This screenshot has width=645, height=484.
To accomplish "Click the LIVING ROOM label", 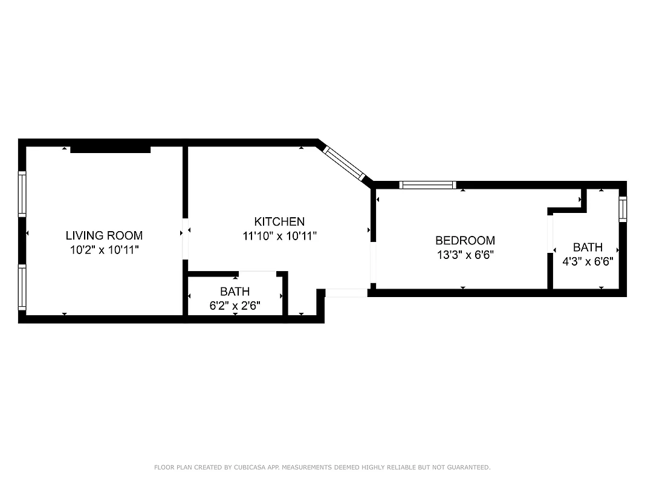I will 104,235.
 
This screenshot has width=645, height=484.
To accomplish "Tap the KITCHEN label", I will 279,221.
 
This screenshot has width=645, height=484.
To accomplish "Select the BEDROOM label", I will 465,240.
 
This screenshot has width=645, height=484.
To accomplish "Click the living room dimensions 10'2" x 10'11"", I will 104,249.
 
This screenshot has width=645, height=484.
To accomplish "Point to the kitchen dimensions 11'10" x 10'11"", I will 279,236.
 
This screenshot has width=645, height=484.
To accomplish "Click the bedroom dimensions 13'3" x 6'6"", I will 465,255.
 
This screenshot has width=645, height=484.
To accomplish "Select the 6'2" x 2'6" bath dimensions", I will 235,306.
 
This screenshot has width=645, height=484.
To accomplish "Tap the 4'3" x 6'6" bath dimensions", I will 588,261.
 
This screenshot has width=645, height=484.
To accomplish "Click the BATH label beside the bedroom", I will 588,247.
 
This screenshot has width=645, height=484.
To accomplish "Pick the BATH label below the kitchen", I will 235,292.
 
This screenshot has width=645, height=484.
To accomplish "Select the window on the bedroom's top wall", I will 427,185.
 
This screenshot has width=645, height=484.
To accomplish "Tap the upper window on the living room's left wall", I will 22,194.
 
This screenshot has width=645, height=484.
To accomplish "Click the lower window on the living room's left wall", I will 22,288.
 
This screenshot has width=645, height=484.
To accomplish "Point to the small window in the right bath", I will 623,209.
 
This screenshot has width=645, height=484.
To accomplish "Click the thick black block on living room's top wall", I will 110,149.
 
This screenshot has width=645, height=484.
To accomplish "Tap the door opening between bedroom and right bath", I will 550,235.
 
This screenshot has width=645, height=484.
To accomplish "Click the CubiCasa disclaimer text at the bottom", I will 322,467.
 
